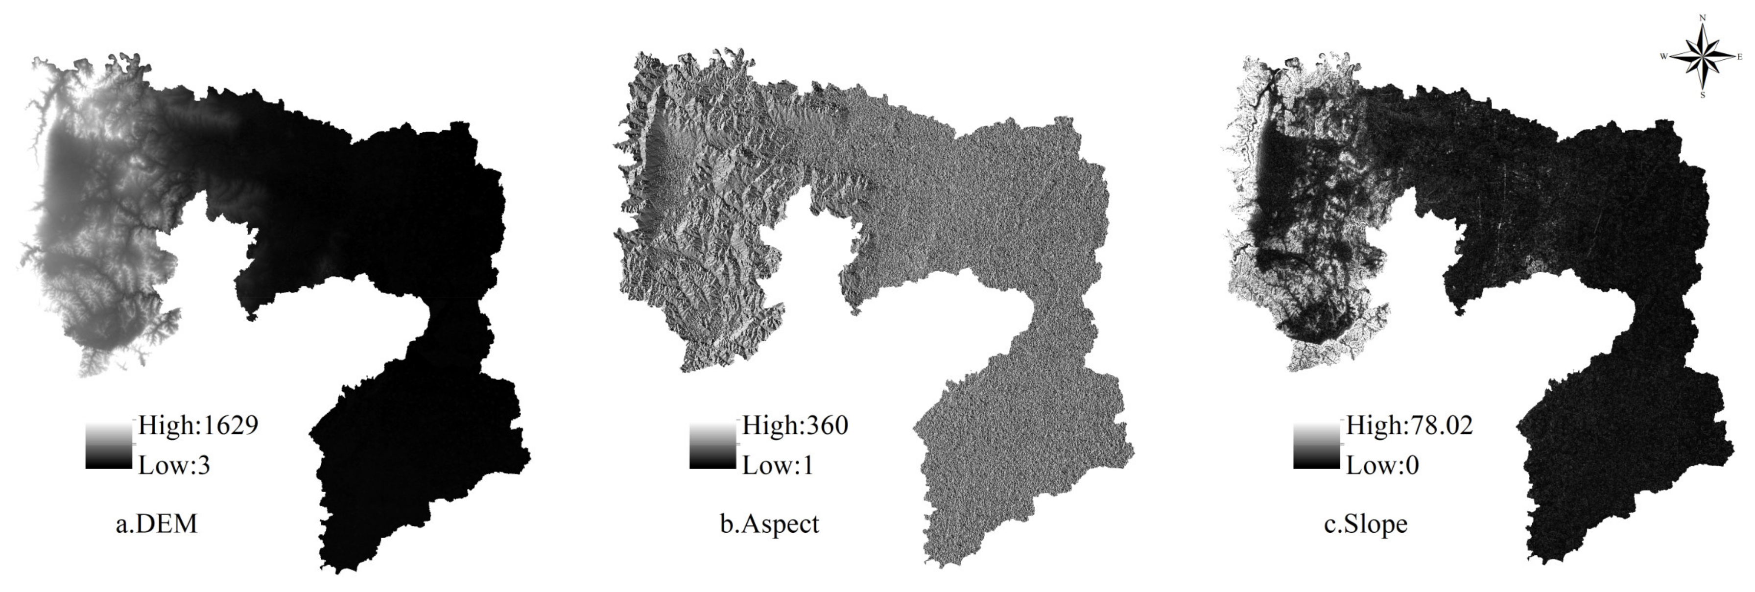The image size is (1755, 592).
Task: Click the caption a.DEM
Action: [x=156, y=524]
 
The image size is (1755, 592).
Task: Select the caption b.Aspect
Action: [x=769, y=524]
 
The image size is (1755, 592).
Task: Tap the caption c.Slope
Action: [x=1365, y=524]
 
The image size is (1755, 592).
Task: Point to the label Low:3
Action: [x=174, y=466]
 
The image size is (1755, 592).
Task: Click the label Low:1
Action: [x=777, y=466]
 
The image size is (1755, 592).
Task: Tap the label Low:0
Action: [x=1382, y=466]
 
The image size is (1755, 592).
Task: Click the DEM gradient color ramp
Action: [x=108, y=446]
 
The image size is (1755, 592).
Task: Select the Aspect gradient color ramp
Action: [x=712, y=446]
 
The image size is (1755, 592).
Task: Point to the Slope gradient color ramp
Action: [x=1316, y=446]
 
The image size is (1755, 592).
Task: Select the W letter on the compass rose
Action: [x=1663, y=56]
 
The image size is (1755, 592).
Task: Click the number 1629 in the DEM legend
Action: [x=229, y=426]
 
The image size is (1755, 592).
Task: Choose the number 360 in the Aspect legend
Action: [x=826, y=426]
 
